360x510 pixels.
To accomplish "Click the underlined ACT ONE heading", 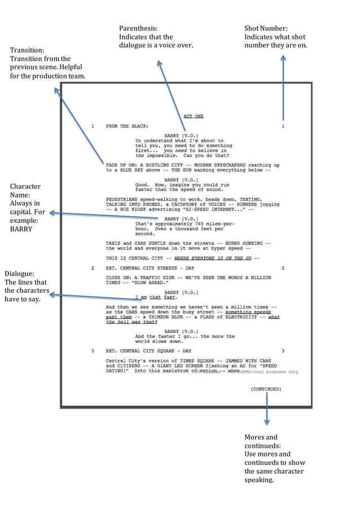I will (x=194, y=116).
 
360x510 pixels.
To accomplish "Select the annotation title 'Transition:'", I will (x=27, y=50).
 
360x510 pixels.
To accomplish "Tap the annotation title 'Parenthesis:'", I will (x=138, y=28).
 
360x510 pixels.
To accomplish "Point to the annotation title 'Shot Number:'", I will (x=266, y=28).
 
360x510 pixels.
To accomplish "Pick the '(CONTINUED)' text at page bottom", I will (x=265, y=389).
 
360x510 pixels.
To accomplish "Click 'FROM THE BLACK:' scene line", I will (x=127, y=126).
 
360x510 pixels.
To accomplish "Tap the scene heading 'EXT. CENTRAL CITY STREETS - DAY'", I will (x=150, y=268).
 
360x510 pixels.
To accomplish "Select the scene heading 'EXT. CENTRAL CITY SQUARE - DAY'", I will (x=148, y=351).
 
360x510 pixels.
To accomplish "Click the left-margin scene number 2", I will (x=93, y=268).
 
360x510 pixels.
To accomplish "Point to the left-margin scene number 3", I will (x=93, y=351).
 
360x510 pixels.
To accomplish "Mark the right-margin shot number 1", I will (x=283, y=126).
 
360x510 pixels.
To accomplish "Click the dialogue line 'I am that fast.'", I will (x=156, y=297).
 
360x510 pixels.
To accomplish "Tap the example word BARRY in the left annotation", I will (x=21, y=230).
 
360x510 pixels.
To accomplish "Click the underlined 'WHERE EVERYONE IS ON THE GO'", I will (x=213, y=258).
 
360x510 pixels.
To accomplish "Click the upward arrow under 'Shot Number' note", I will (x=283, y=85).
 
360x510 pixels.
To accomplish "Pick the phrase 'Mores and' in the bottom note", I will (x=261, y=437).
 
